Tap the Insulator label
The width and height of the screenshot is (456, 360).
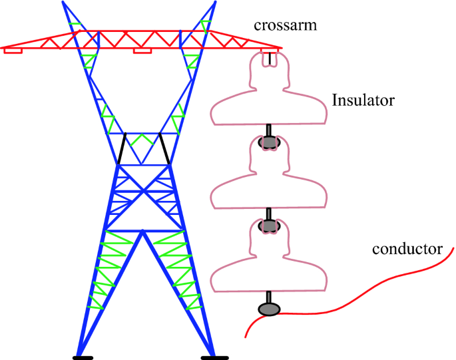pyautogui.click(x=363, y=101)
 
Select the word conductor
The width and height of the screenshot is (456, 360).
pyautogui.click(x=407, y=250)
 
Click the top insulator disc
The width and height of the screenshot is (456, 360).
pyautogui.click(x=270, y=110)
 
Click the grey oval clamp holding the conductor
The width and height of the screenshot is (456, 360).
pyautogui.click(x=269, y=309)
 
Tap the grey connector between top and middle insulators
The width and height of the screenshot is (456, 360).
pyautogui.click(x=269, y=142)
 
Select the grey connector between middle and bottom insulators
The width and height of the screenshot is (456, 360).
pyautogui.click(x=269, y=226)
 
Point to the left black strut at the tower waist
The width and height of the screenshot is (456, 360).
pyautogui.click(x=122, y=148)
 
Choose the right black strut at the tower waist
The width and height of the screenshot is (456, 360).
pyautogui.click(x=164, y=148)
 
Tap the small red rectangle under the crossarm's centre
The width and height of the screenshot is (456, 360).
pyautogui.click(x=142, y=51)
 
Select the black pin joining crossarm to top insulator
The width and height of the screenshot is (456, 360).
pyautogui.click(x=270, y=59)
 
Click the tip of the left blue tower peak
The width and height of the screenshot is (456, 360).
pyautogui.click(x=63, y=3)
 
